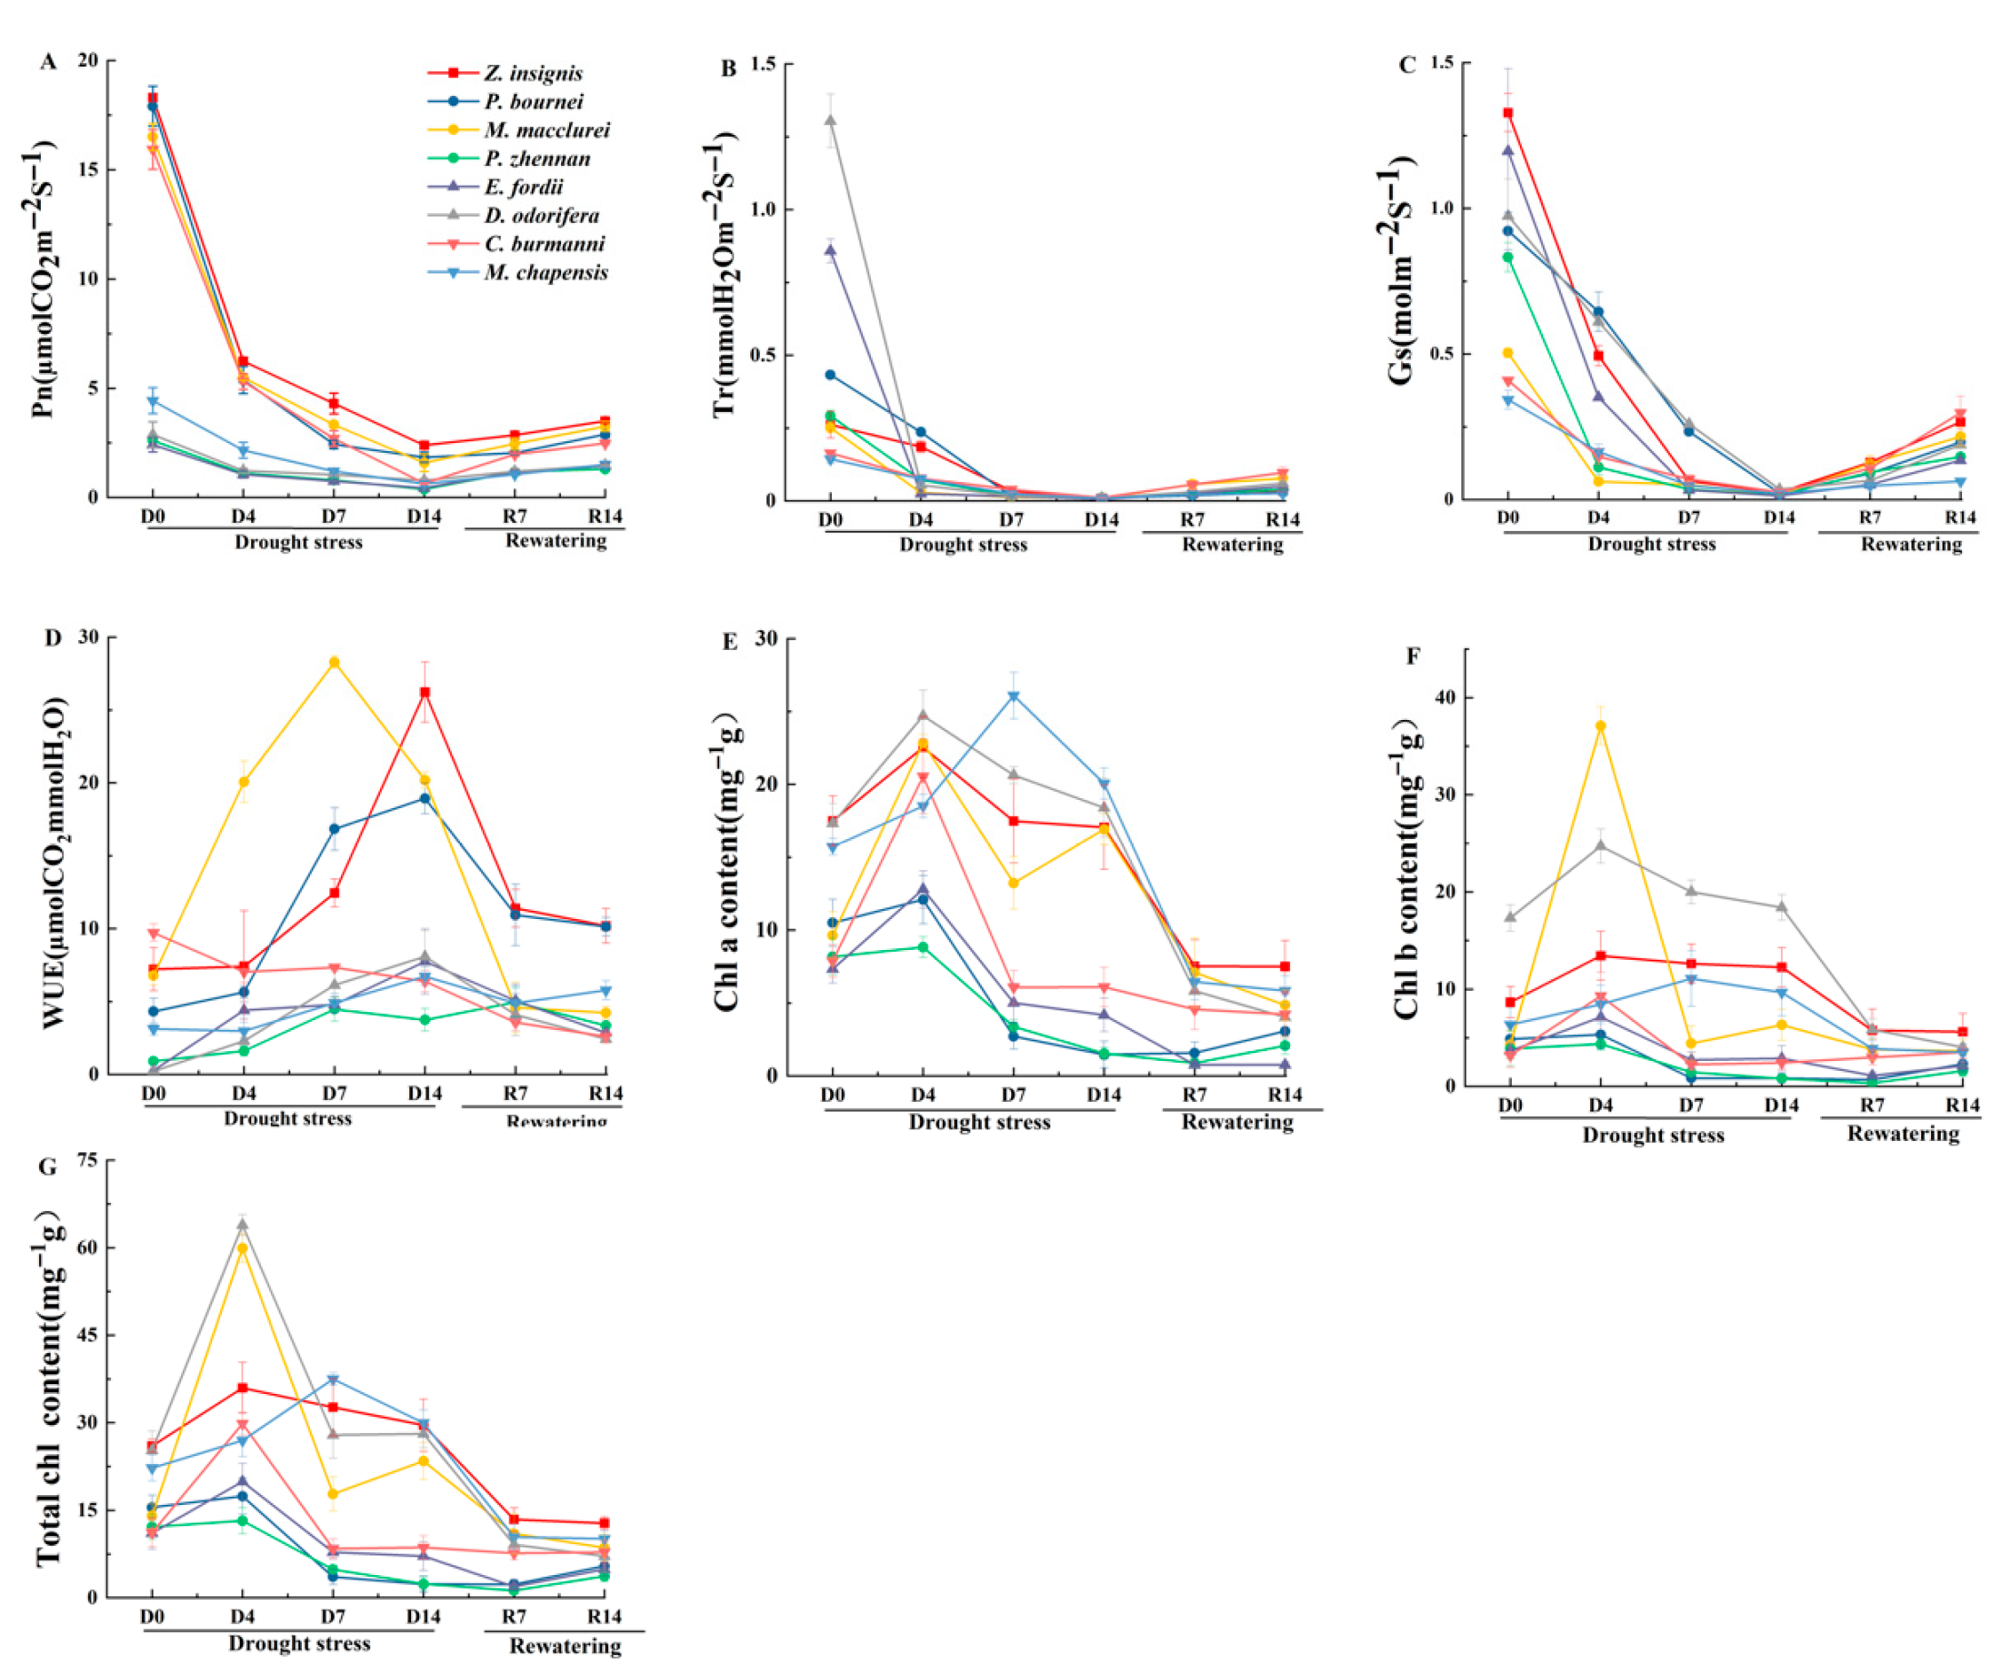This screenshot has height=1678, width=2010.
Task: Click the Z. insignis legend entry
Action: tap(532, 73)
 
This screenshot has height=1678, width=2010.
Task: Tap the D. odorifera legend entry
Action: tap(541, 216)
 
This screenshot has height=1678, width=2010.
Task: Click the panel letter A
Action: tap(48, 62)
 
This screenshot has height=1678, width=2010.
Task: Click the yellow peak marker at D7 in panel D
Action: tap(334, 661)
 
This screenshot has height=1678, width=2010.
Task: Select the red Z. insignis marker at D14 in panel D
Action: tap(425, 693)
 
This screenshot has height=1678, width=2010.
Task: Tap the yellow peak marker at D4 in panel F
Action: tap(1601, 726)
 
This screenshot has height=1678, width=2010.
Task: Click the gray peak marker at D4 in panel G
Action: tap(243, 1223)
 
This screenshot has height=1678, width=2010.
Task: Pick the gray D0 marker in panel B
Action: tap(831, 121)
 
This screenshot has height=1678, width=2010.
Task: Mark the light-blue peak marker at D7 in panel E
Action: tap(1014, 696)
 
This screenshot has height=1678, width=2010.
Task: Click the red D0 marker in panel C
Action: tap(1508, 113)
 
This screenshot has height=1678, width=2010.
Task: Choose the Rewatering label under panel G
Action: tap(565, 1645)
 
